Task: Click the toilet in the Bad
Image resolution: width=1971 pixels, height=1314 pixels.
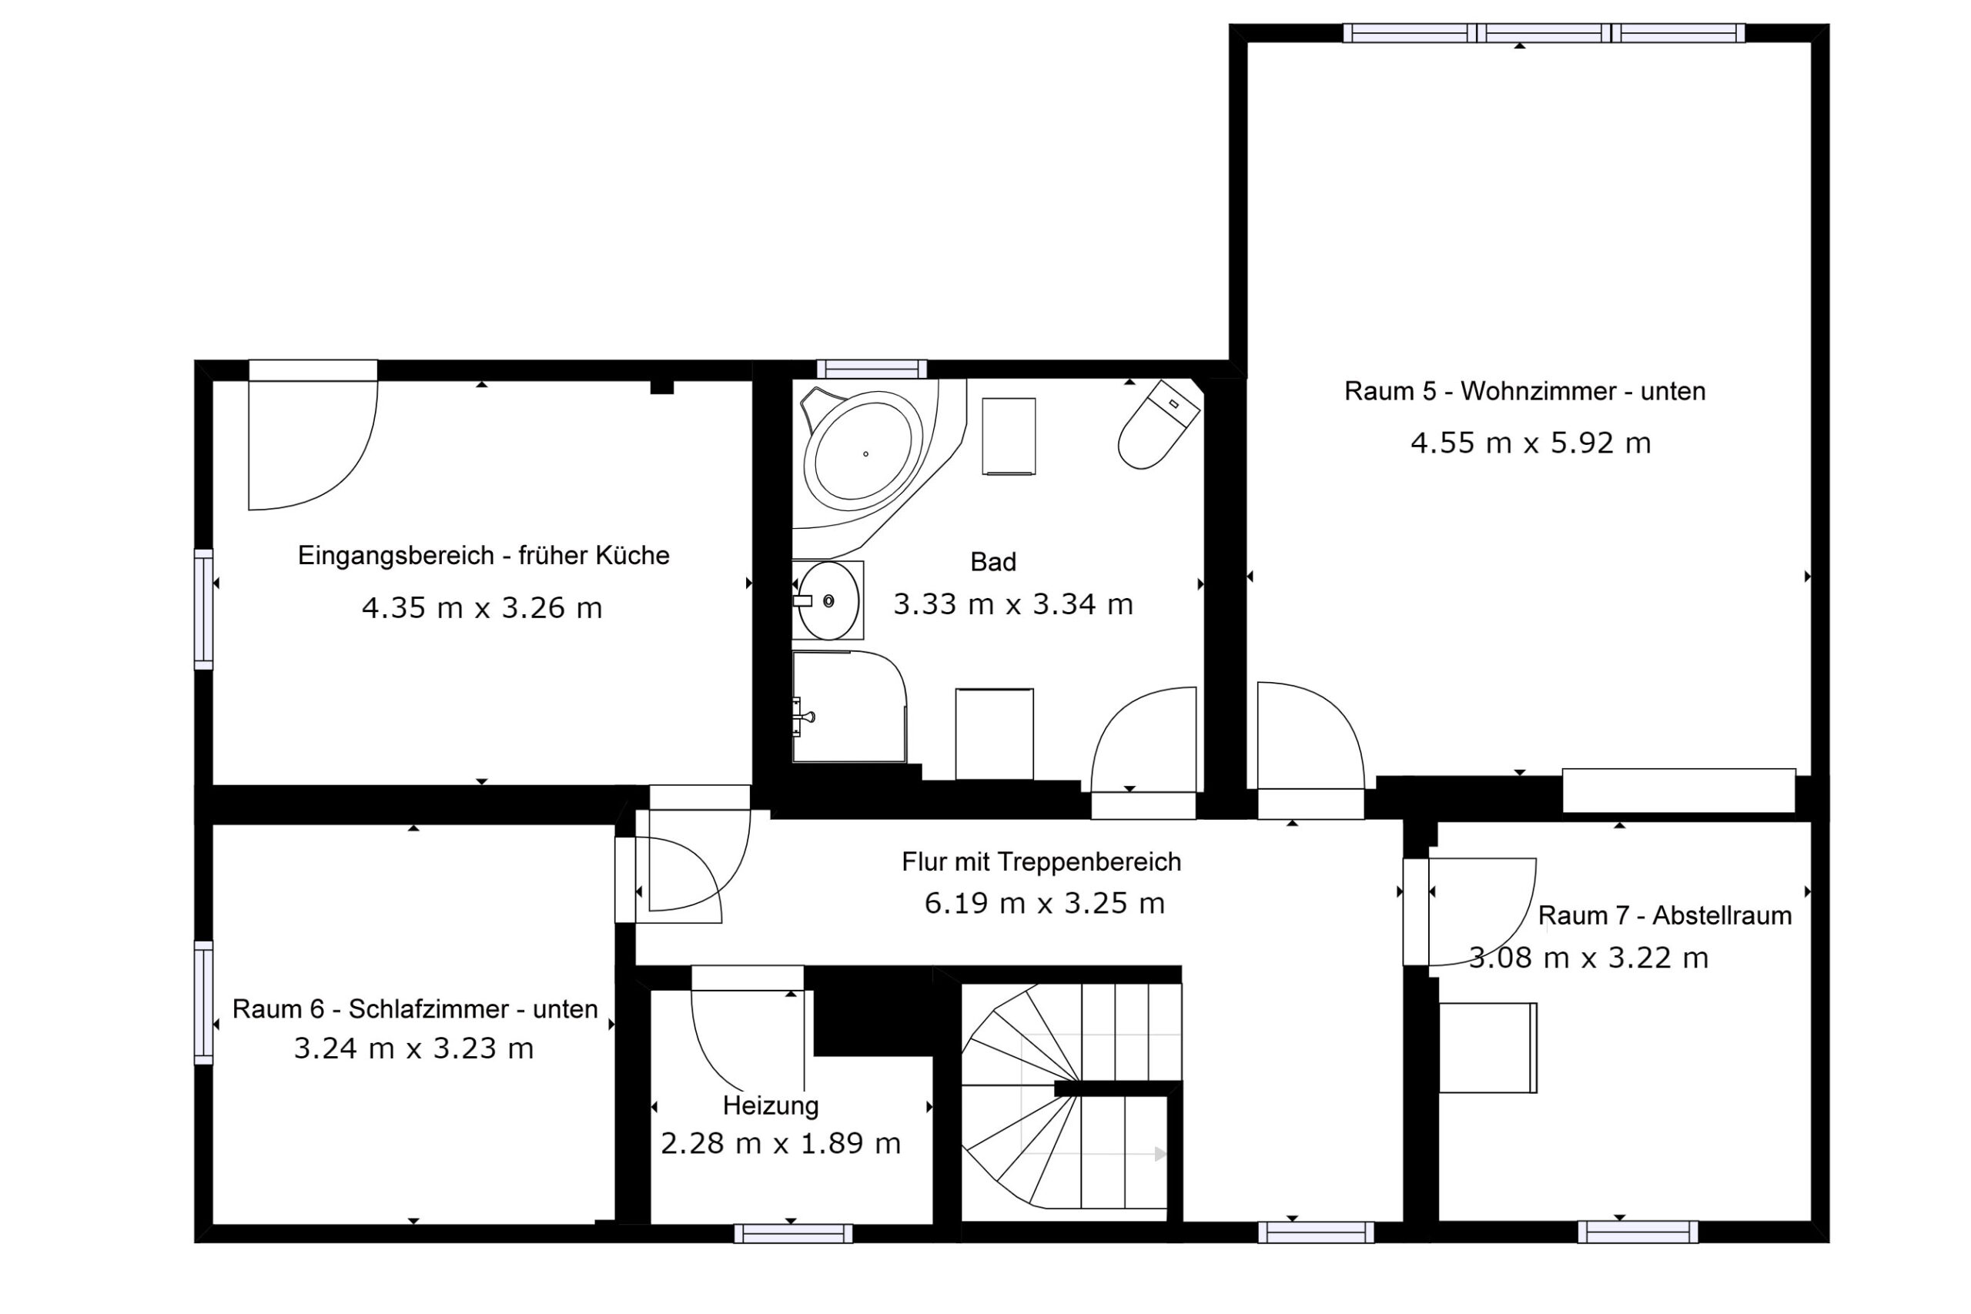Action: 1158,424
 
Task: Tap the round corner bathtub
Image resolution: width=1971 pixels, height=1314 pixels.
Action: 864,453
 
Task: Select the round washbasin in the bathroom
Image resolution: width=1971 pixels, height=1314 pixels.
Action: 828,601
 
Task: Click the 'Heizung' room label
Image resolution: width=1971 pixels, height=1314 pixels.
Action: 770,1105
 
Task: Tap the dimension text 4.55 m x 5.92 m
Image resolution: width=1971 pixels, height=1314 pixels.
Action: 1530,443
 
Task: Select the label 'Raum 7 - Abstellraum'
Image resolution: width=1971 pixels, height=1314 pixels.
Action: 1665,915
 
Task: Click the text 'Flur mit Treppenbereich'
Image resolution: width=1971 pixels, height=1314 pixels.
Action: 1041,861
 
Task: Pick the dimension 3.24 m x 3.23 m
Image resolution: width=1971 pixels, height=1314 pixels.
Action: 413,1048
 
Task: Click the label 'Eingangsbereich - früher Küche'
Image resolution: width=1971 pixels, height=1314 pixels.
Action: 484,556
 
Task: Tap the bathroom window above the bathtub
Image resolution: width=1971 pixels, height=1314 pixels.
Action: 872,369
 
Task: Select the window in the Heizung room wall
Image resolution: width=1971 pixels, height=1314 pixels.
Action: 793,1232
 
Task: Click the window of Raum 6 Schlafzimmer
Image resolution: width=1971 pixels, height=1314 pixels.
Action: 203,1002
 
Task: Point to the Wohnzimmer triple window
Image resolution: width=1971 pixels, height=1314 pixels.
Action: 1544,32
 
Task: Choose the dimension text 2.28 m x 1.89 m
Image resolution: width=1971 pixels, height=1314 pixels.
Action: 780,1144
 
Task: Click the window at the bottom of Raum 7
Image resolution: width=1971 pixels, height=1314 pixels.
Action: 1638,1232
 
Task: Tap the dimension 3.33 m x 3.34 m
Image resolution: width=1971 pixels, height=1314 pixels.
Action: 1013,604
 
